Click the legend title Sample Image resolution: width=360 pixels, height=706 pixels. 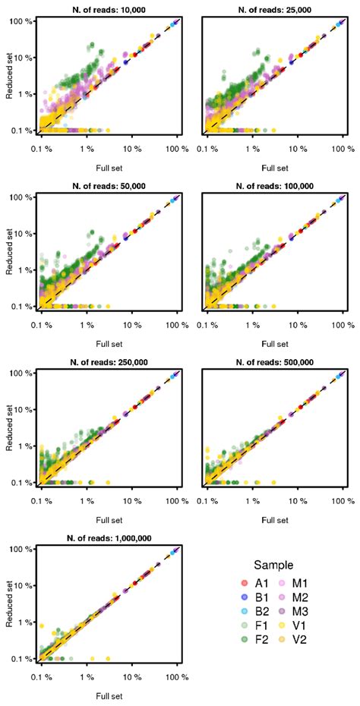coord(273,565)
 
